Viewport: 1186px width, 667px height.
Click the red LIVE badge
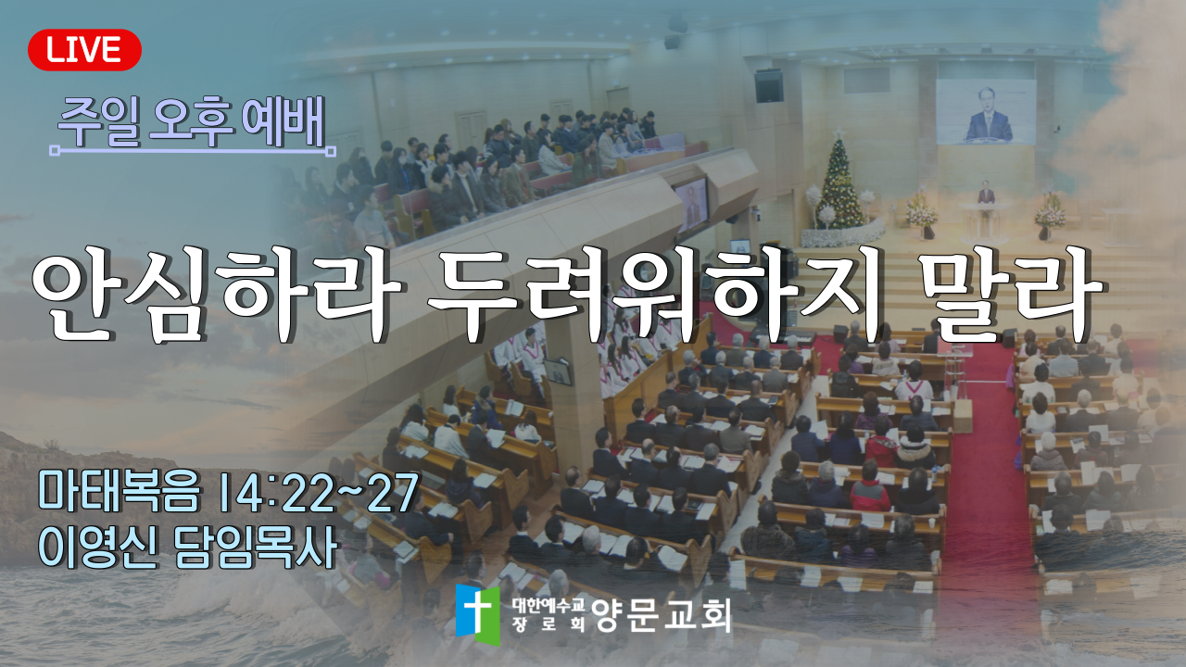(x=84, y=50)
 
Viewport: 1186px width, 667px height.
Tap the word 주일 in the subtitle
(x=99, y=122)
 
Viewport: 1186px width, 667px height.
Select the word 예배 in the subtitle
(x=284, y=122)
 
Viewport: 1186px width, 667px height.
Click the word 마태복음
(x=120, y=492)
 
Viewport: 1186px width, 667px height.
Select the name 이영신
(x=98, y=547)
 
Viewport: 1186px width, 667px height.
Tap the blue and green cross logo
(x=477, y=614)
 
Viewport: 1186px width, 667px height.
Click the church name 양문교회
(x=662, y=615)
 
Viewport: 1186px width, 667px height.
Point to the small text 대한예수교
(x=548, y=605)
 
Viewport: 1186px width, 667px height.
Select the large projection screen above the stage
(x=986, y=112)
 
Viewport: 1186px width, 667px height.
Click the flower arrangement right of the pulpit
(x=1049, y=216)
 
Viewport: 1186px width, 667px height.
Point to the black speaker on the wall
(x=769, y=86)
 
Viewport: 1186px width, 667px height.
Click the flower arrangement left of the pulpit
(x=922, y=215)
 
